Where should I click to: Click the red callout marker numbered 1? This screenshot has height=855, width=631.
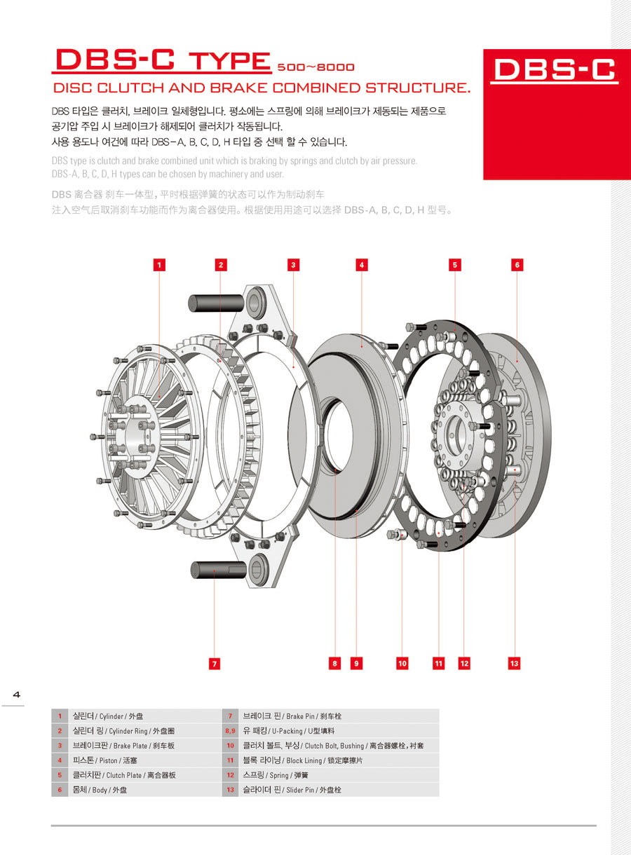(160, 264)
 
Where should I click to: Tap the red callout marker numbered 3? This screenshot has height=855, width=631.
(294, 264)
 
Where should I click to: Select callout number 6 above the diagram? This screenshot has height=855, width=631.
(517, 264)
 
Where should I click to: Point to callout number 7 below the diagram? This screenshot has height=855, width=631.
(215, 662)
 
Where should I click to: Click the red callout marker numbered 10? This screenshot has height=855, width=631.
(402, 662)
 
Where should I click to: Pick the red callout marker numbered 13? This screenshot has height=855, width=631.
(515, 662)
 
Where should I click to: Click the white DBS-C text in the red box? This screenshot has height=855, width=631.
(554, 69)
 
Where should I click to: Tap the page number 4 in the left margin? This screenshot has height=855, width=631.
(16, 695)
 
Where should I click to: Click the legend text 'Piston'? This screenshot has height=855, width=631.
(109, 760)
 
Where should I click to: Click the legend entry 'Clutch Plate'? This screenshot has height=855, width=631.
(123, 775)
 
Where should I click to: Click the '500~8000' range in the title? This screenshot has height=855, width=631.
(315, 68)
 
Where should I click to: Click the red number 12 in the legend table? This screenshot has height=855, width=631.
(230, 775)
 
